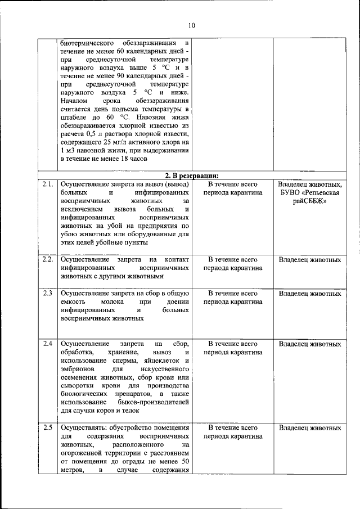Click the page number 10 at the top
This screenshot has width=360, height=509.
pyautogui.click(x=192, y=25)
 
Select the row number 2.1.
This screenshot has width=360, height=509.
pyautogui.click(x=48, y=184)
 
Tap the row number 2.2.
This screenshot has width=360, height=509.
pyautogui.click(x=48, y=260)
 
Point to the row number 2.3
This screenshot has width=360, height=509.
pyautogui.click(x=48, y=294)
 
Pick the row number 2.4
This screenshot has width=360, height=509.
pyautogui.click(x=48, y=343)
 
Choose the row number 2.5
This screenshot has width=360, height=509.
pyautogui.click(x=48, y=428)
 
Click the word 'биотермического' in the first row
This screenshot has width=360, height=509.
pyautogui.click(x=87, y=43)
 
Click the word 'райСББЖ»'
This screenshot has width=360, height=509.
pyautogui.click(x=310, y=202)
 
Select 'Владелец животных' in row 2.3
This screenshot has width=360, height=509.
pyautogui.click(x=310, y=294)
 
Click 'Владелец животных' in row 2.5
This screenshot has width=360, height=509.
pyautogui.click(x=310, y=428)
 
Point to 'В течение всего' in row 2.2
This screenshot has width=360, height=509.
pyautogui.click(x=233, y=260)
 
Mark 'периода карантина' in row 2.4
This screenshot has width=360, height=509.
pyautogui.click(x=233, y=352)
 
